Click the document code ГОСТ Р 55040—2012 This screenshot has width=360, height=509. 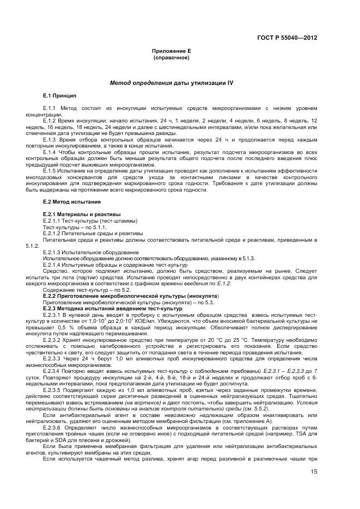tap(287, 38)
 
